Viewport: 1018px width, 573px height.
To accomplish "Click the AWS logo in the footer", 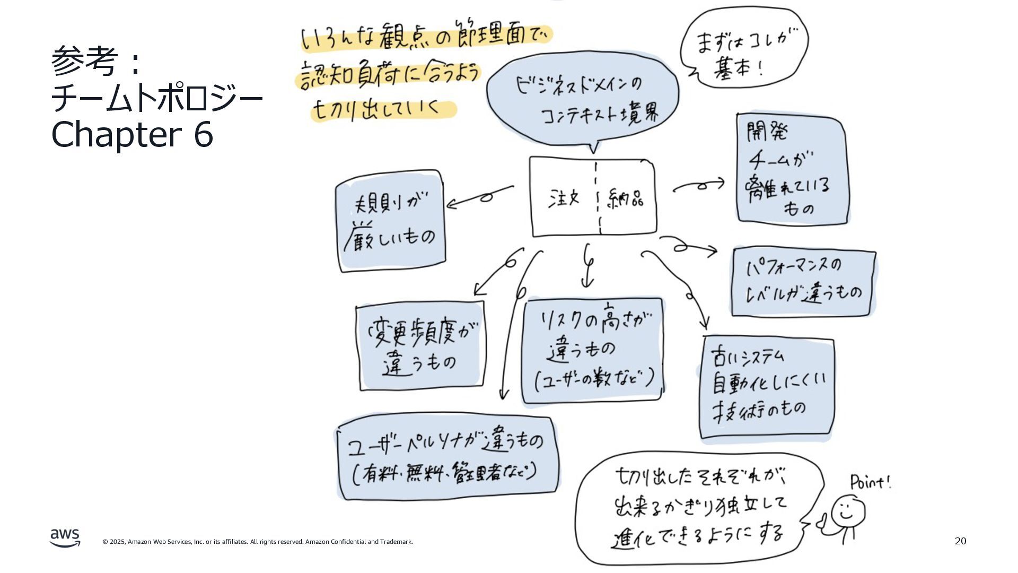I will pyautogui.click(x=65, y=537).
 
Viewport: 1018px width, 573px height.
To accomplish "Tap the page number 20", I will pyautogui.click(x=960, y=541).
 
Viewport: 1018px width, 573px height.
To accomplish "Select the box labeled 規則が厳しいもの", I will pyautogui.click(x=391, y=221).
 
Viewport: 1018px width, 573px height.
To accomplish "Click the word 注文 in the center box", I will pyautogui.click(x=564, y=198).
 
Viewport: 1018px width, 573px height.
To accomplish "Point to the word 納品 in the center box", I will pyautogui.click(x=626, y=198).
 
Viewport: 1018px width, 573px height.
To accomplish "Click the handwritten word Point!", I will pyautogui.click(x=870, y=482).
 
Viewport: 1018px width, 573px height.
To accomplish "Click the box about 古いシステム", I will pyautogui.click(x=766, y=387).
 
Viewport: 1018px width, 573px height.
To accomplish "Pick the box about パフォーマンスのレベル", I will pyautogui.click(x=803, y=282).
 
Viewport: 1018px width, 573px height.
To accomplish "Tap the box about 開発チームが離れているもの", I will pyautogui.click(x=791, y=169).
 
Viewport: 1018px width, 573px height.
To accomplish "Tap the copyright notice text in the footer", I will pyautogui.click(x=258, y=542).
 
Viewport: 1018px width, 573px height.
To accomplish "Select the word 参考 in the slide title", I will pyautogui.click(x=84, y=62).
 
